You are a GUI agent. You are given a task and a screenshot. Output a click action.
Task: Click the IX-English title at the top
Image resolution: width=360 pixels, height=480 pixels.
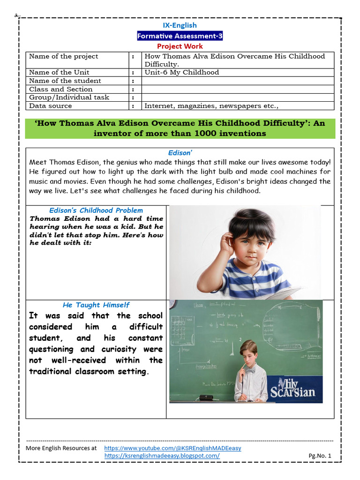point(180,25)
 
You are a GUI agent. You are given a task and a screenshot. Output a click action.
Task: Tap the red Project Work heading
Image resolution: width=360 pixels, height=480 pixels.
point(180,46)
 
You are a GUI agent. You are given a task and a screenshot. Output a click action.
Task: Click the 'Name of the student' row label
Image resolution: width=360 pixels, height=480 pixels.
point(65,81)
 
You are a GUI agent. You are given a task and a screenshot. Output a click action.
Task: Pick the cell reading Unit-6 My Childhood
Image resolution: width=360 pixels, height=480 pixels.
point(182,72)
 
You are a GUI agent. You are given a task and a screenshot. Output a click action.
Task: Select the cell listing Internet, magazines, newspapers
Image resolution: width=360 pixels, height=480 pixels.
point(211,106)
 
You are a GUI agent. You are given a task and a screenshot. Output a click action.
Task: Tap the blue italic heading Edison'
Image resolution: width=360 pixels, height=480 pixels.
point(180,153)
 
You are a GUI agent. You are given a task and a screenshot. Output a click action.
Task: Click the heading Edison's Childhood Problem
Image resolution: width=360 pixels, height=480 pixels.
point(96,210)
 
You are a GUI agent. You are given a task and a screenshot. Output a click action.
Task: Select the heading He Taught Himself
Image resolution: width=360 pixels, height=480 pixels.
point(96,305)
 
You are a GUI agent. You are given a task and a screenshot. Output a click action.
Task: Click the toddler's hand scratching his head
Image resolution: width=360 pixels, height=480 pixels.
point(228,242)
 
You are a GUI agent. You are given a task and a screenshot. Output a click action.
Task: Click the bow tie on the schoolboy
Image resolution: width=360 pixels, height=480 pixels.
point(250,370)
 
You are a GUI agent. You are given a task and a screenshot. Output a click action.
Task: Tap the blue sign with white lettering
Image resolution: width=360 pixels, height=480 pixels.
point(293,388)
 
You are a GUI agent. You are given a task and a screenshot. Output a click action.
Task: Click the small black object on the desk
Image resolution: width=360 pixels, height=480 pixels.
point(206,397)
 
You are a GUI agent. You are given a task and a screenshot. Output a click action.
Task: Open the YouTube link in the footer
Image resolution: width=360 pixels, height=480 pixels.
point(172,448)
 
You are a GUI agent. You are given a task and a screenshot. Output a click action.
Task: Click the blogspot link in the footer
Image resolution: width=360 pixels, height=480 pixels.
point(162,456)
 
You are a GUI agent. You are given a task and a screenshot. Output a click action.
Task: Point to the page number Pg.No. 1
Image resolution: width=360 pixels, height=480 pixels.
point(320,456)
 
